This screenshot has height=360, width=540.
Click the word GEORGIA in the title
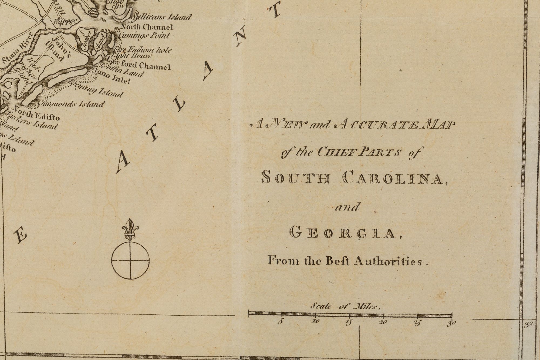point(343,233)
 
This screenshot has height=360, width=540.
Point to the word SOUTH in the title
point(296,178)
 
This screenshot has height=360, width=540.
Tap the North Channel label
point(147,27)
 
